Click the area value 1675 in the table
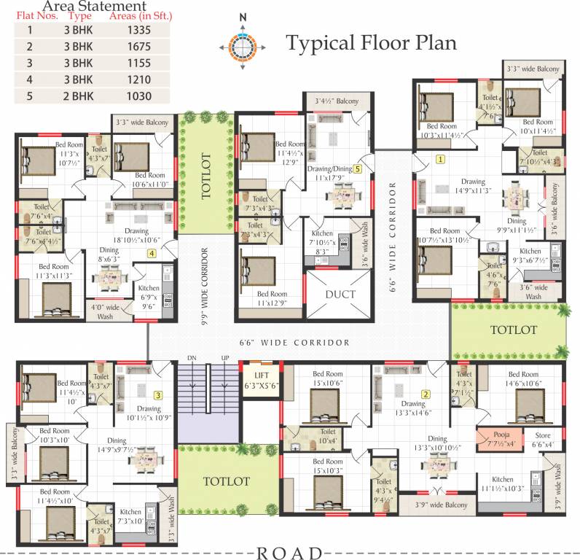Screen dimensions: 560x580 [x=138, y=47]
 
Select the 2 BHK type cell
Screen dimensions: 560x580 [x=77, y=96]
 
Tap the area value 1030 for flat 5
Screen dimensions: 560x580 [x=138, y=96]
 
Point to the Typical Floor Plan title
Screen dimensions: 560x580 [x=371, y=43]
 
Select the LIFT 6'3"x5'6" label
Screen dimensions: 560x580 [x=260, y=381]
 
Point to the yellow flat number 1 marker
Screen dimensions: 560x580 [x=440, y=158]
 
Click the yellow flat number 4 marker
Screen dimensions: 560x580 [x=152, y=254]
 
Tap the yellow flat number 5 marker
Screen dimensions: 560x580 [x=358, y=168]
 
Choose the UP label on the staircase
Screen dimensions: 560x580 [x=225, y=358]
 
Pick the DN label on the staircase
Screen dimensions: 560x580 [x=192, y=358]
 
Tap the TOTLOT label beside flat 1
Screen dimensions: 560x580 [x=514, y=330]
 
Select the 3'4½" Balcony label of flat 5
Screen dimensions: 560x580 [x=337, y=101]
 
